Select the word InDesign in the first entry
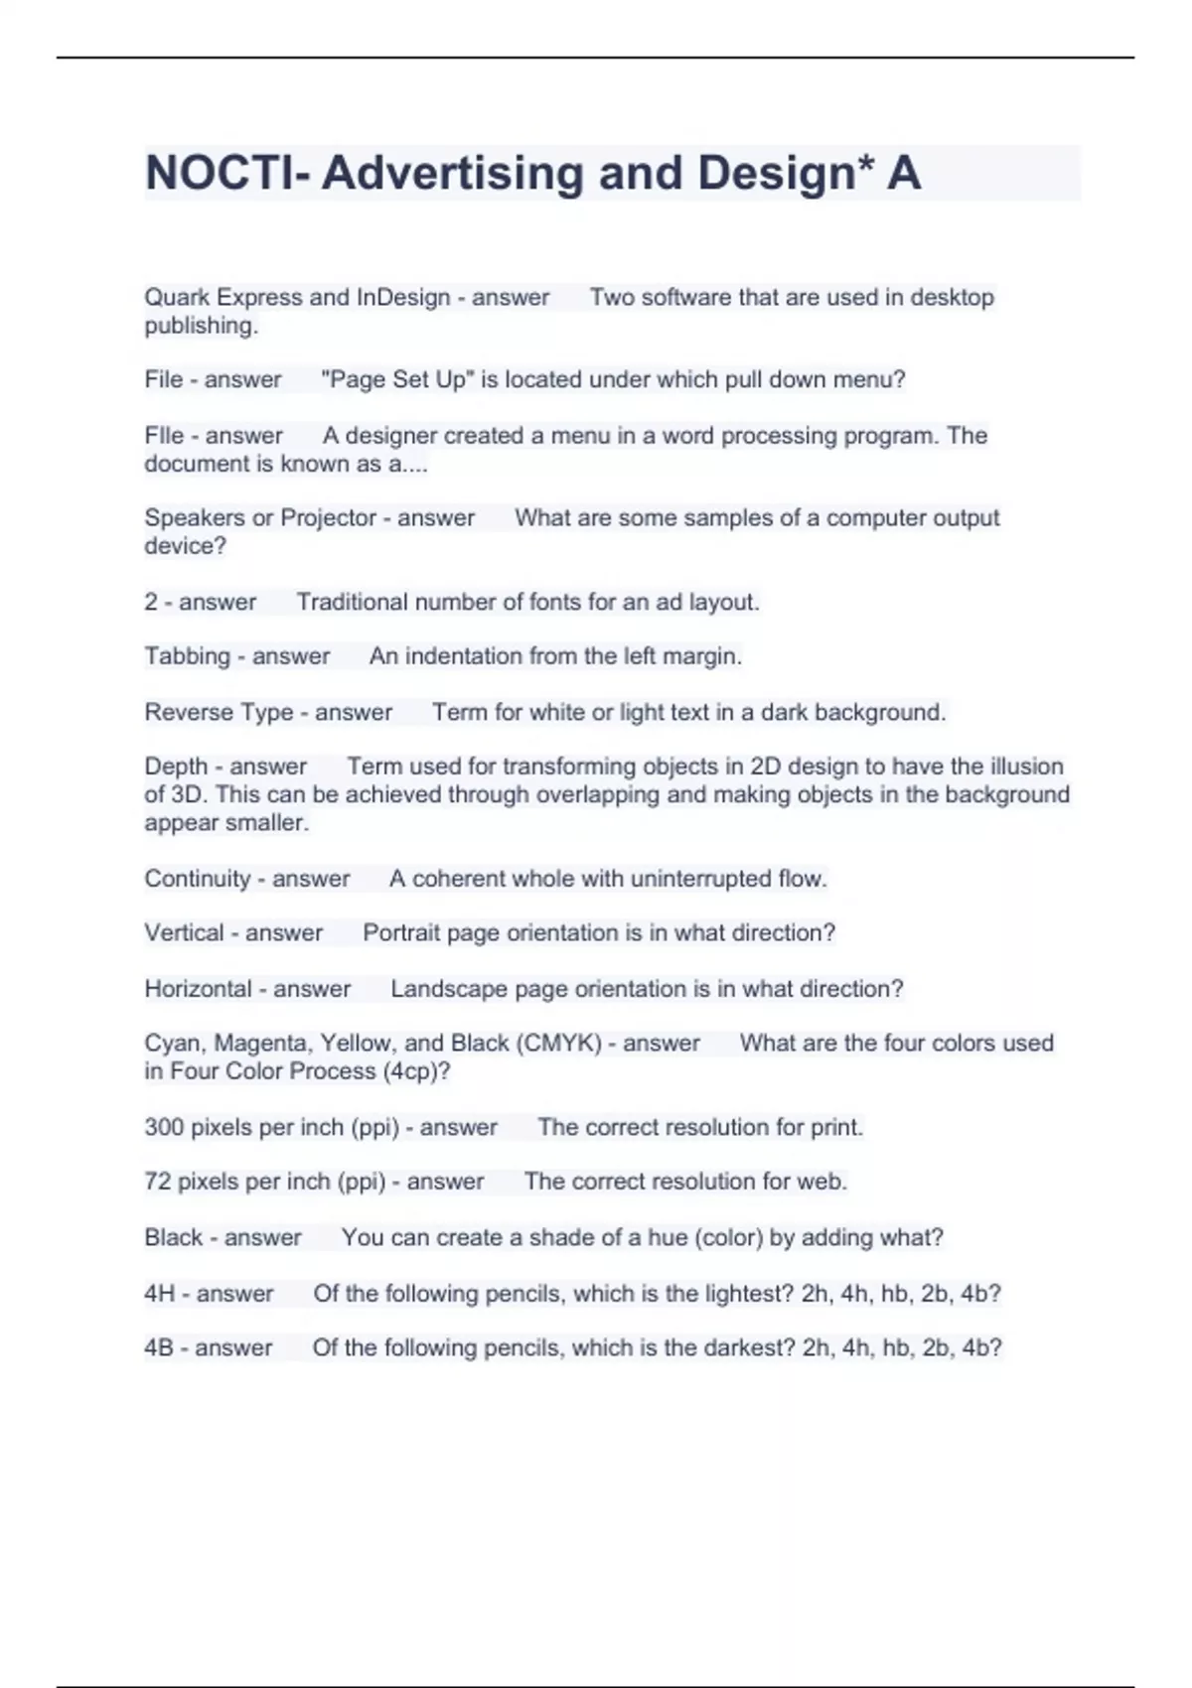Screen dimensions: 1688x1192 click(x=403, y=297)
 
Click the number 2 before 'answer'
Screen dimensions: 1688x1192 click(x=151, y=602)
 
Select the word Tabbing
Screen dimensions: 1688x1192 click(x=187, y=656)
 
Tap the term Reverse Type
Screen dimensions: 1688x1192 click(x=219, y=712)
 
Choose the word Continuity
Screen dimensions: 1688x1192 click(x=198, y=879)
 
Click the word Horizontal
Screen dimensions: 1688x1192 click(x=198, y=989)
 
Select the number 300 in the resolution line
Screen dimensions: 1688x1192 click(x=163, y=1128)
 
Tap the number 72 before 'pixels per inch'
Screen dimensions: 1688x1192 click(x=157, y=1182)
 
